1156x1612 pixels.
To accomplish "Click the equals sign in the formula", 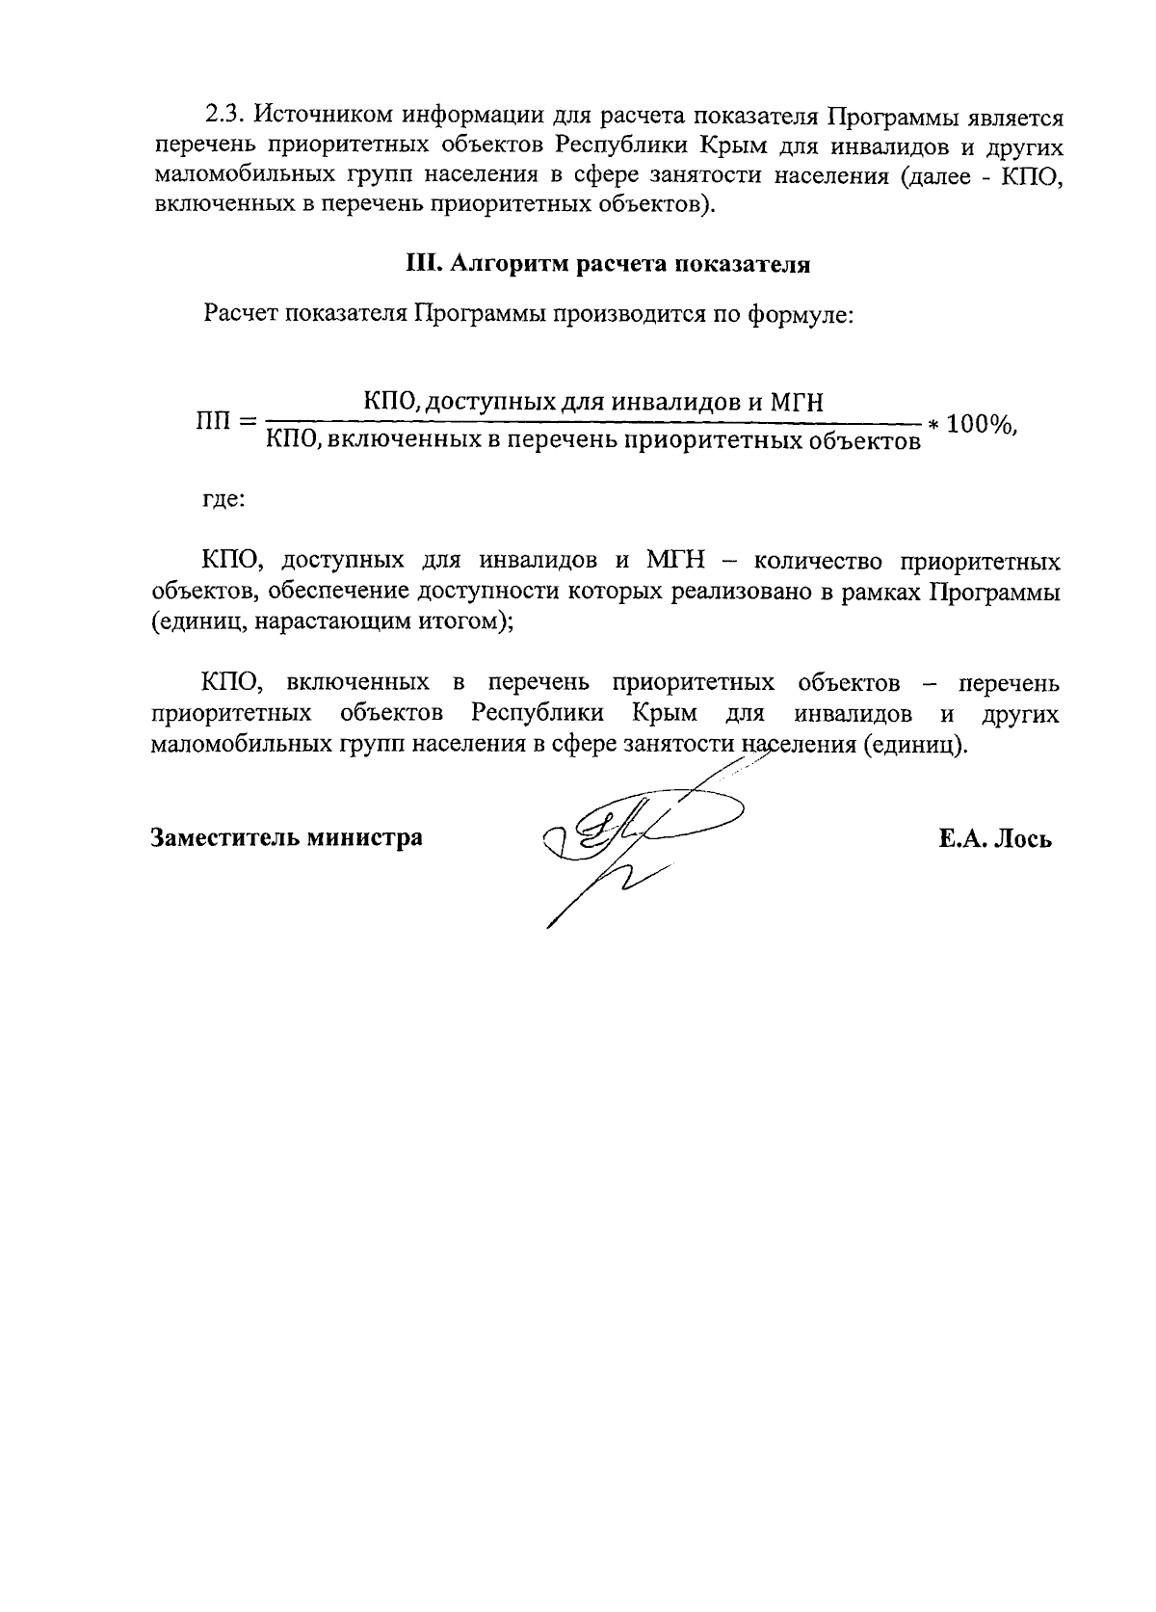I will coord(249,422).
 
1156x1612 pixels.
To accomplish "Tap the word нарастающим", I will coord(330,621).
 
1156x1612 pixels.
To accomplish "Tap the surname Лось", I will coord(1022,838).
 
